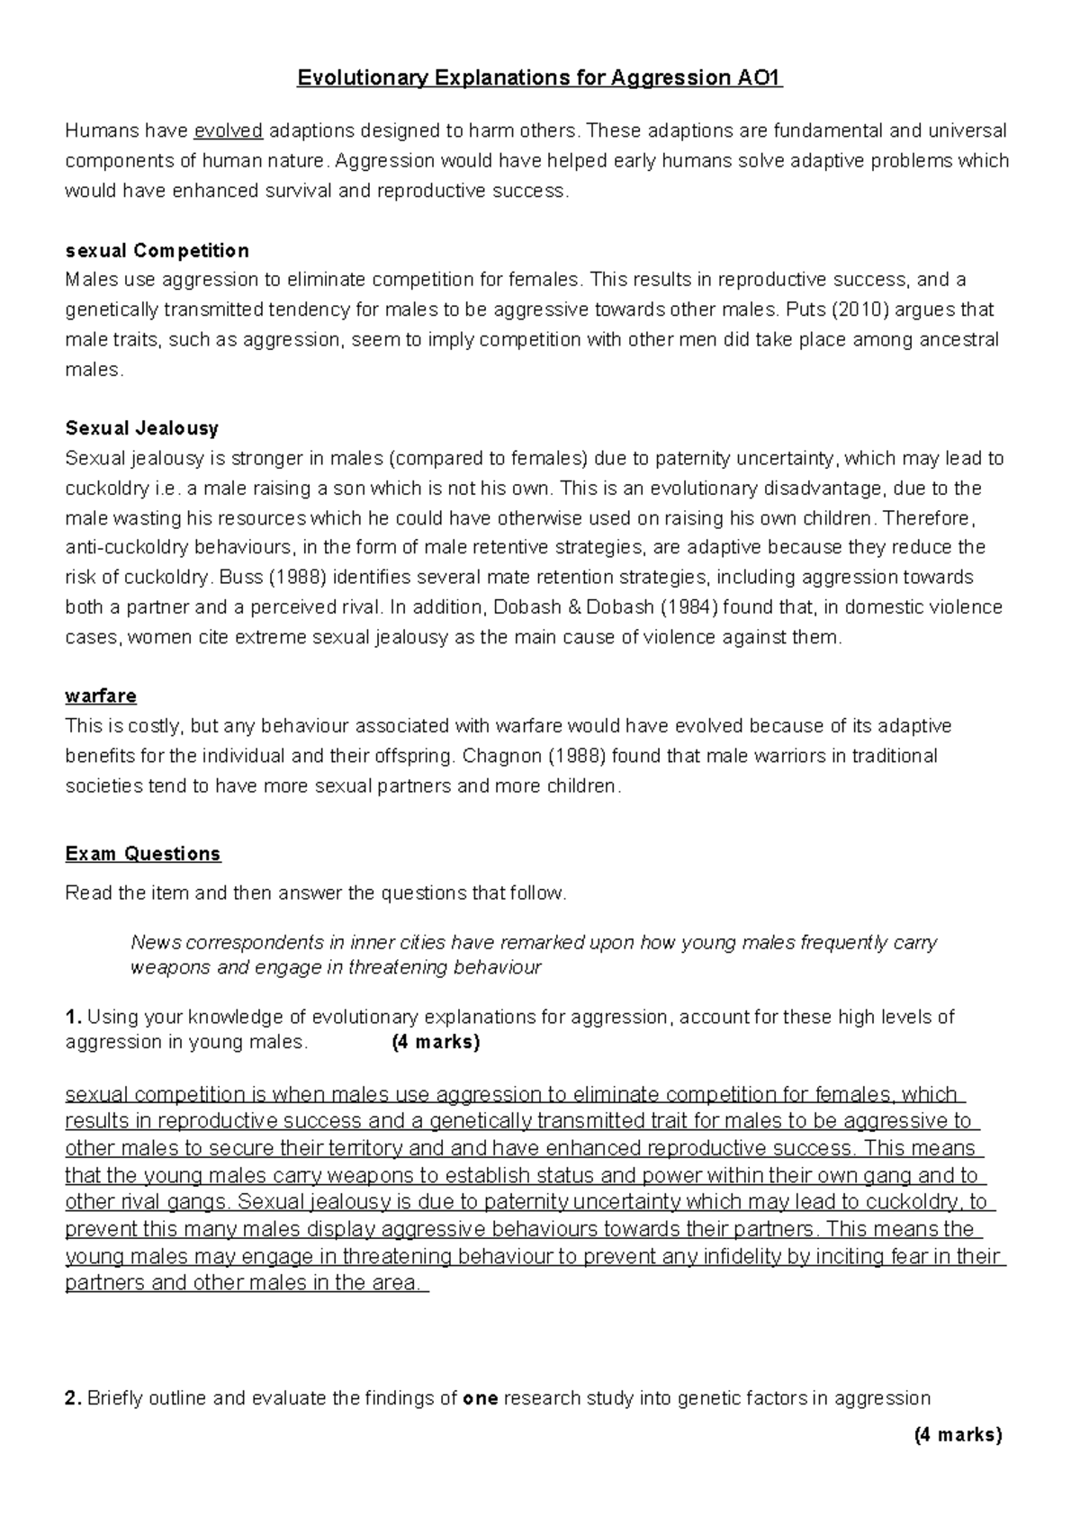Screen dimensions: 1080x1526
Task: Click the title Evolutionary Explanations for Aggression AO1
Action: coord(540,78)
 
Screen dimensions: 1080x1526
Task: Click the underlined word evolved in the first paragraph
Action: coord(229,131)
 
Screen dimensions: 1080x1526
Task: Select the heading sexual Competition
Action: coord(157,250)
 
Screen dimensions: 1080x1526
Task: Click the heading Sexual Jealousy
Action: coord(141,428)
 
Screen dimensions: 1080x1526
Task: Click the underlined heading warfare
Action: coord(101,696)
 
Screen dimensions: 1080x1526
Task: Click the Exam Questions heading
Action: coord(143,854)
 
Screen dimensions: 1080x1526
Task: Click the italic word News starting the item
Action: coord(156,943)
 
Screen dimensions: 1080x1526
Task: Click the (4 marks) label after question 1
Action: coord(436,1043)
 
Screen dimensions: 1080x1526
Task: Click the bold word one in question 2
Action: coord(480,1398)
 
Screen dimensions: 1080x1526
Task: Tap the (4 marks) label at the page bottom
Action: coord(958,1435)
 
